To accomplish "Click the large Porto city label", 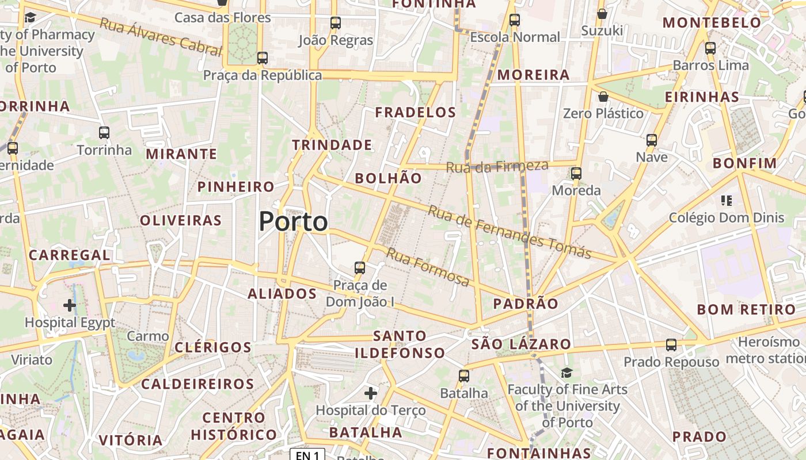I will pyautogui.click(x=293, y=221).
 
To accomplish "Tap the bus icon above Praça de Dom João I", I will pyautogui.click(x=360, y=267).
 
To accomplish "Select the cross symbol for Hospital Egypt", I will pyautogui.click(x=70, y=305).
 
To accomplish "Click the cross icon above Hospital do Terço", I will pyautogui.click(x=371, y=393).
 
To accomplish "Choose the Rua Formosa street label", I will pyautogui.click(x=428, y=267).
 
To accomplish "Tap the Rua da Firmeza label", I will pyautogui.click(x=497, y=167).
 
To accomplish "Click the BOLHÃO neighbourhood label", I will pyautogui.click(x=389, y=178).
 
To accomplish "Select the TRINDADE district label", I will pyautogui.click(x=332, y=145).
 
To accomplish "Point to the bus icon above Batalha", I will pyautogui.click(x=464, y=376).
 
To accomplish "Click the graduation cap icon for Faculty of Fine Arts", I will pyautogui.click(x=567, y=373).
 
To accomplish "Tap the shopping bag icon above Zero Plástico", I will pyautogui.click(x=603, y=97).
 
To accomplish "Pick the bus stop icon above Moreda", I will pyautogui.click(x=576, y=173).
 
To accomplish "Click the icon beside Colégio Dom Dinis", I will pyautogui.click(x=726, y=201).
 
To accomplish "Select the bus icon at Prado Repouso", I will pyautogui.click(x=671, y=345).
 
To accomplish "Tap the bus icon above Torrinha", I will pyautogui.click(x=104, y=133).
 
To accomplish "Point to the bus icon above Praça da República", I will pyautogui.click(x=263, y=57).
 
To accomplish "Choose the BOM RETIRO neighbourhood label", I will pyautogui.click(x=746, y=309).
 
